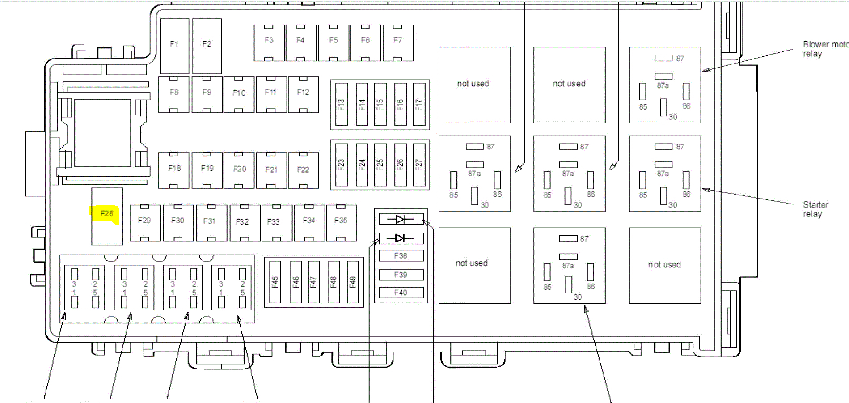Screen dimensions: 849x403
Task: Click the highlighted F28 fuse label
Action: pos(106,213)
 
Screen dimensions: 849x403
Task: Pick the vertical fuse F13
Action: pos(341,104)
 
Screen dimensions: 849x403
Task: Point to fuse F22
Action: pos(303,170)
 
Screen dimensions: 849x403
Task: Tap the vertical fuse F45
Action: pos(275,282)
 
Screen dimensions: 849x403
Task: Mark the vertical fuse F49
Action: pos(353,282)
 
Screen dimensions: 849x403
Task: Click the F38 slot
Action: pos(401,256)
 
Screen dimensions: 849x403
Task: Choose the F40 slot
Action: pos(401,293)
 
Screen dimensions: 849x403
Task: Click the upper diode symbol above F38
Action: pos(401,219)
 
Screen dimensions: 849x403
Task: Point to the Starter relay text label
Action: pos(815,209)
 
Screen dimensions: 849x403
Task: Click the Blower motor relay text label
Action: pos(823,49)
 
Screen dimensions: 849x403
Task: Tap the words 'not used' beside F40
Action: pos(472,263)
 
